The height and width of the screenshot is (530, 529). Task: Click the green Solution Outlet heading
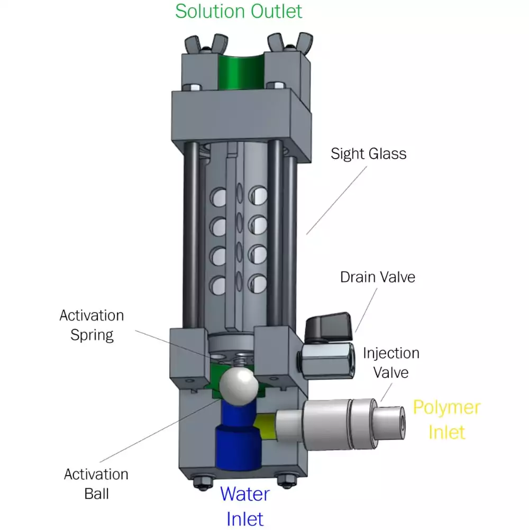[239, 11]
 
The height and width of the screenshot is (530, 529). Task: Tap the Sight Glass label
[368, 154]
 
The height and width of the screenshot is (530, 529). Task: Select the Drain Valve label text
[377, 277]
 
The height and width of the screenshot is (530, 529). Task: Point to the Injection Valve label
[391, 362]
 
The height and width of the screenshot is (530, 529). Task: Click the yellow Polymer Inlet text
[446, 419]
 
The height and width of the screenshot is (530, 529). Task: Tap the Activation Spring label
[92, 325]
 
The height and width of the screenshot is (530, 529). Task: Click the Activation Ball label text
[96, 483]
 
